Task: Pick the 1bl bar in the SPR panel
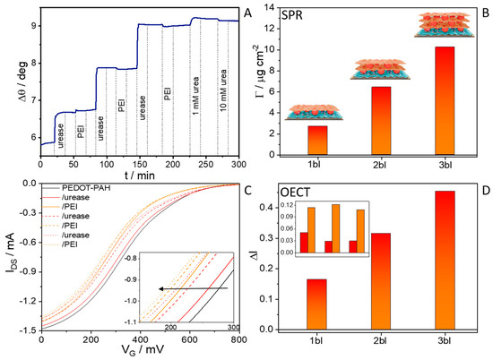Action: click(316, 140)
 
